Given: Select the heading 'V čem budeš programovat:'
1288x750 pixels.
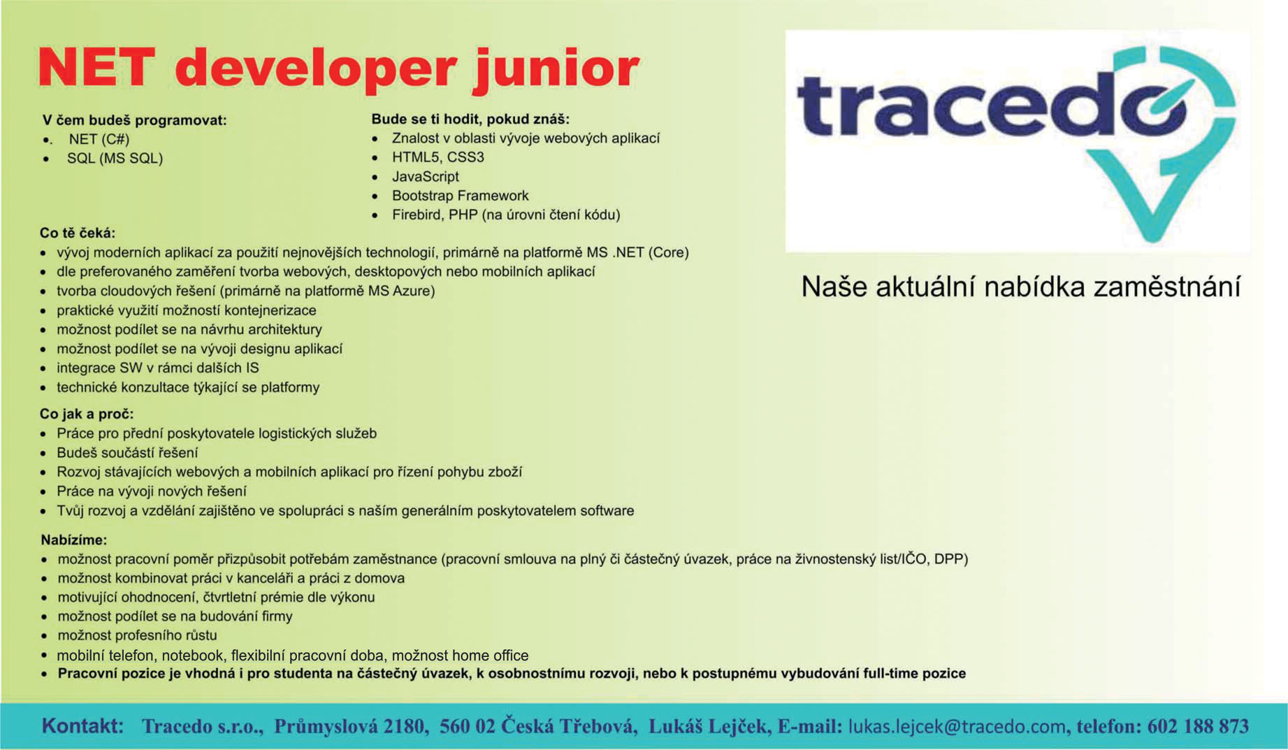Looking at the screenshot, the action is pyautogui.click(x=135, y=120).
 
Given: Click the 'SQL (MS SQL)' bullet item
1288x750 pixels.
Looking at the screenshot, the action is pyautogui.click(x=115, y=159).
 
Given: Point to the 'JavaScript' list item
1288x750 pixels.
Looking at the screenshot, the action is pyautogui.click(x=426, y=177).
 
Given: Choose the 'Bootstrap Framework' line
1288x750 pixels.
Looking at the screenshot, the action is pyautogui.click(x=461, y=196).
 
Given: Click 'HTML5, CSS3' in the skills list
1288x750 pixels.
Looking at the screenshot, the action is pyautogui.click(x=438, y=157).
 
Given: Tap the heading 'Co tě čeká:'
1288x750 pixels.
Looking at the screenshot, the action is pyautogui.click(x=78, y=233).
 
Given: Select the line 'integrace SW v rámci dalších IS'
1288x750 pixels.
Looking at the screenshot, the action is pyautogui.click(x=158, y=368).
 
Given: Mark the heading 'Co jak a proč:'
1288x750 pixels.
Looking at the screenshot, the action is pyautogui.click(x=87, y=414).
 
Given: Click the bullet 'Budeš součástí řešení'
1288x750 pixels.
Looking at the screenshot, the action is pyautogui.click(x=127, y=453).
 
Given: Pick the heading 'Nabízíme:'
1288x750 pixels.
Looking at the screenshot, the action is pyautogui.click(x=74, y=540).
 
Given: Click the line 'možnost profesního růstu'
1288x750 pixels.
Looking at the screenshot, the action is pyautogui.click(x=137, y=635).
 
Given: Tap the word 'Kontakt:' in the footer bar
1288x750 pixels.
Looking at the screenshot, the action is pyautogui.click(x=82, y=726).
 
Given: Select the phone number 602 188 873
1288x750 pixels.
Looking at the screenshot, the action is pyautogui.click(x=1198, y=726).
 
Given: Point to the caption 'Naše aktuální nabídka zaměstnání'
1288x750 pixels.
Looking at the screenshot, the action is pyautogui.click(x=1020, y=287).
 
